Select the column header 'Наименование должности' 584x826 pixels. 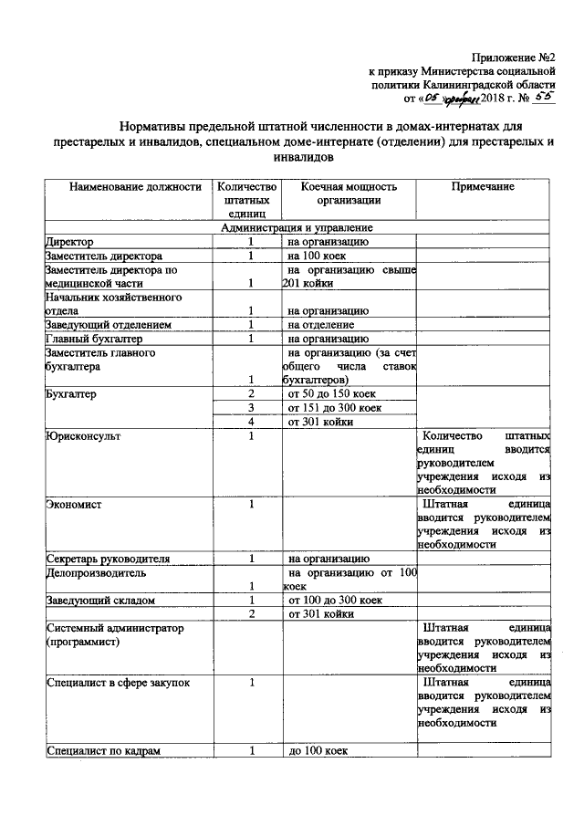(122, 186)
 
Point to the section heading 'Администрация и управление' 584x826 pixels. (297, 227)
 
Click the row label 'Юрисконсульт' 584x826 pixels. (83, 436)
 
